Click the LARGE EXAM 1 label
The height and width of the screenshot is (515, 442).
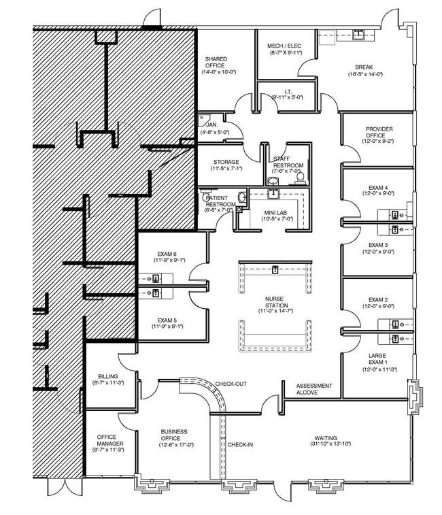pos(378,356)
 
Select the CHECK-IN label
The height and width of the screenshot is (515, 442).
pos(240,445)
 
